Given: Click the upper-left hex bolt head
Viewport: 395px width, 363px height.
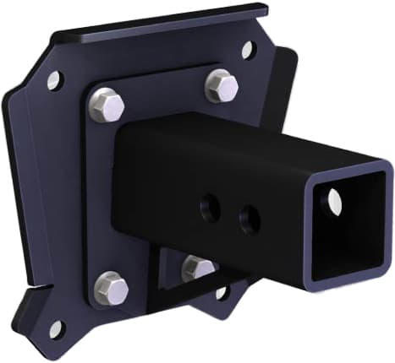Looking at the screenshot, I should pyautogui.click(x=107, y=105).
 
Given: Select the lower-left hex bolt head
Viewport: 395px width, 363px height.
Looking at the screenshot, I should pyautogui.click(x=111, y=288).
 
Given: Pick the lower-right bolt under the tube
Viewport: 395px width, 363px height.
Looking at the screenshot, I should pyautogui.click(x=198, y=268).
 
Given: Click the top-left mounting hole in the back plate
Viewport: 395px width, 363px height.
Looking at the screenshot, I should pyautogui.click(x=55, y=81).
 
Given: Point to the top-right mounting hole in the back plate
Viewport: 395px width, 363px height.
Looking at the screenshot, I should pyautogui.click(x=247, y=50).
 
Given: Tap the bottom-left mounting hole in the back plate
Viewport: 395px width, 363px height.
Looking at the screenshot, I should pyautogui.click(x=57, y=328).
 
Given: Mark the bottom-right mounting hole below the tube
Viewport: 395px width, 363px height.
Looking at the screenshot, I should pyautogui.click(x=222, y=293).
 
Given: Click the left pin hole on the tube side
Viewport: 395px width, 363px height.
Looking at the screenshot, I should pyautogui.click(x=211, y=209).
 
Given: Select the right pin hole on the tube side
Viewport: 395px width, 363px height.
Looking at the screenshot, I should pyautogui.click(x=249, y=220).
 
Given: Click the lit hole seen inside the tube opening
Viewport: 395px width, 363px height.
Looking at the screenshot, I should pyautogui.click(x=334, y=200).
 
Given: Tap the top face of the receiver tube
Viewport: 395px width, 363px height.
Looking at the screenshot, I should pyautogui.click(x=254, y=139).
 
